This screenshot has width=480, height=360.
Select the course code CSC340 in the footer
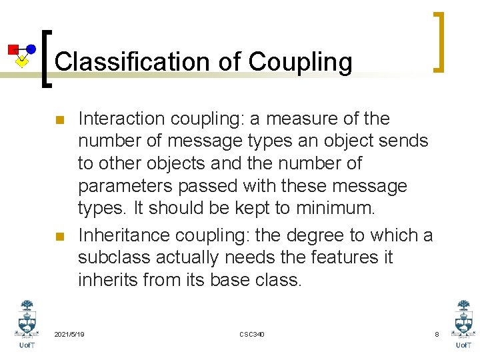[x=251, y=333]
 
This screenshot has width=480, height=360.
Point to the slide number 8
[x=437, y=333]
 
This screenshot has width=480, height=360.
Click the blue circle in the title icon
[x=31, y=49]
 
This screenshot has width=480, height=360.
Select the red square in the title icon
[x=13, y=49]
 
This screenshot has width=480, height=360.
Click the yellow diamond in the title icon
[x=22, y=62]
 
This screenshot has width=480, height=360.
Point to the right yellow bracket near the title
[x=439, y=41]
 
